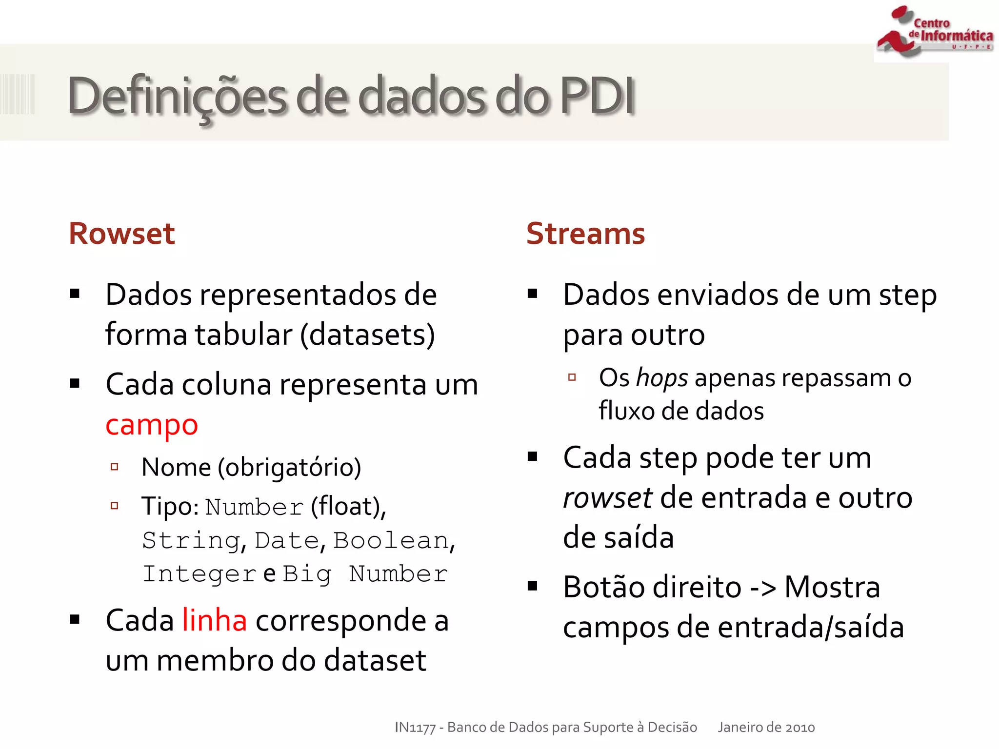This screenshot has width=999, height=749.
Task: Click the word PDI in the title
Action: [x=597, y=96]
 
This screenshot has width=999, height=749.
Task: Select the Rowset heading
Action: [x=121, y=234]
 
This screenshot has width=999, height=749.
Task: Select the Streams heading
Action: [x=585, y=234]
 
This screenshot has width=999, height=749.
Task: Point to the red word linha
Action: [x=214, y=621]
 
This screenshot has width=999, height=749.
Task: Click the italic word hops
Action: [x=662, y=378]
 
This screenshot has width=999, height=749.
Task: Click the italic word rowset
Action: [x=607, y=498]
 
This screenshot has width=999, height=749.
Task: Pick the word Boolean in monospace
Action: [x=391, y=541]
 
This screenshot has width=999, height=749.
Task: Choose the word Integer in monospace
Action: [x=200, y=574]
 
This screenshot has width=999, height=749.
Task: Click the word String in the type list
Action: [x=191, y=541]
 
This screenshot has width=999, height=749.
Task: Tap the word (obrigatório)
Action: [x=289, y=468]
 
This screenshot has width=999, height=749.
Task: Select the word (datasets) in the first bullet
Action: [x=367, y=335]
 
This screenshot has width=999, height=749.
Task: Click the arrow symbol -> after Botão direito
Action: [x=762, y=588]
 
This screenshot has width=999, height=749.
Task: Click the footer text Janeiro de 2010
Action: [x=766, y=728]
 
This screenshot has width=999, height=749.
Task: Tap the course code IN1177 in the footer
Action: [x=415, y=728]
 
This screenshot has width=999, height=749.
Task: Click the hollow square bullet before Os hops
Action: [x=572, y=377]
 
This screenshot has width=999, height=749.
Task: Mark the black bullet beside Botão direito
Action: [x=532, y=586]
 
